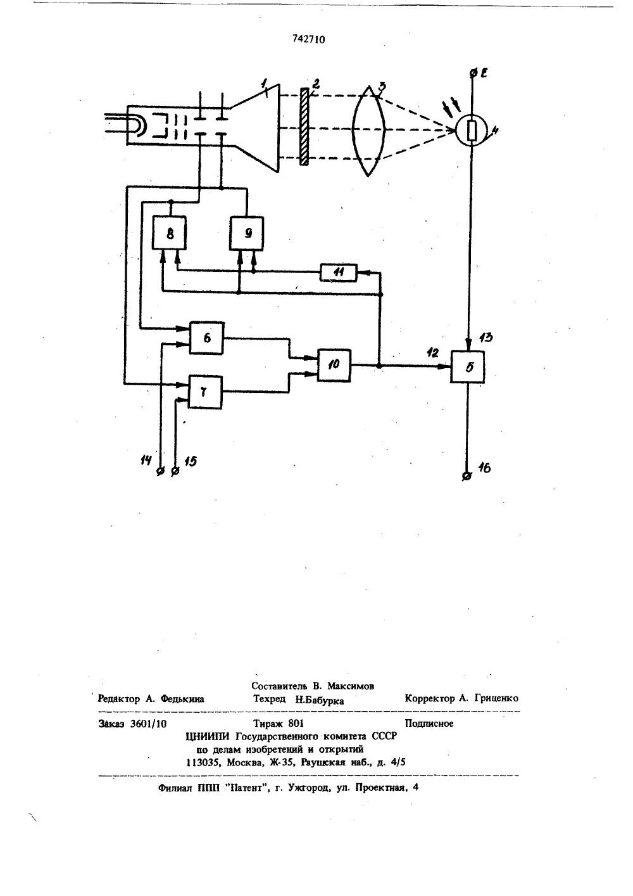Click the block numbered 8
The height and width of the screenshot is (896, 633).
169,233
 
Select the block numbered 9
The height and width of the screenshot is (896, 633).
247,233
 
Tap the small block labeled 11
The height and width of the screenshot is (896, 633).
339,273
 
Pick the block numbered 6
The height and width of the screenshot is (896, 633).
206,338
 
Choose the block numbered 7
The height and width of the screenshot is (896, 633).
205,392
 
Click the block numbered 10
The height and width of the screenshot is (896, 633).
334,365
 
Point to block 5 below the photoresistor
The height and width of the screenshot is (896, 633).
468,367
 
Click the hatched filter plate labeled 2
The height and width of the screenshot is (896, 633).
304,127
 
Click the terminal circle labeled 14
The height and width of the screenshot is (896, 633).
160,471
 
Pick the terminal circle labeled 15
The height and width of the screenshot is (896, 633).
175,471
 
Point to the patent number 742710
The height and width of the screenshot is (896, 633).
308,39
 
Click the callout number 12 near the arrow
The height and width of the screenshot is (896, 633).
432,353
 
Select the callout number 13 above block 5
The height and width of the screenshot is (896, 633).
486,338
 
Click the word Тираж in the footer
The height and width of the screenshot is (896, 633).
268,724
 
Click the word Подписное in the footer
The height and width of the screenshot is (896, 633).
429,724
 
